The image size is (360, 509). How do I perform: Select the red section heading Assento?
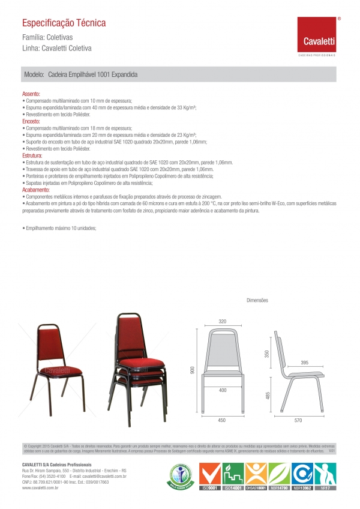[x=31, y=94]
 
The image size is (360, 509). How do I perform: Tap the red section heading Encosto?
[x=31, y=121]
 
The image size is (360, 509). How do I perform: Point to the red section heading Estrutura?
[x=32, y=155]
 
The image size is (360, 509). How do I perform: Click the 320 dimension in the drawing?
[x=223, y=322]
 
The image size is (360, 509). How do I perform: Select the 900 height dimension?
[x=193, y=370]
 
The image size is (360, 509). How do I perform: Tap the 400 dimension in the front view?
[x=223, y=390]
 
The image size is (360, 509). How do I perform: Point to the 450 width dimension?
[x=223, y=421]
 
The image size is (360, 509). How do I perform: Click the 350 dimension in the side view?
[x=268, y=355]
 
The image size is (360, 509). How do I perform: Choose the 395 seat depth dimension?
[x=304, y=363]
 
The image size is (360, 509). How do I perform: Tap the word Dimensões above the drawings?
[x=257, y=300]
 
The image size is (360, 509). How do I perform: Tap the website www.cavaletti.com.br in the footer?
[x=40, y=489]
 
